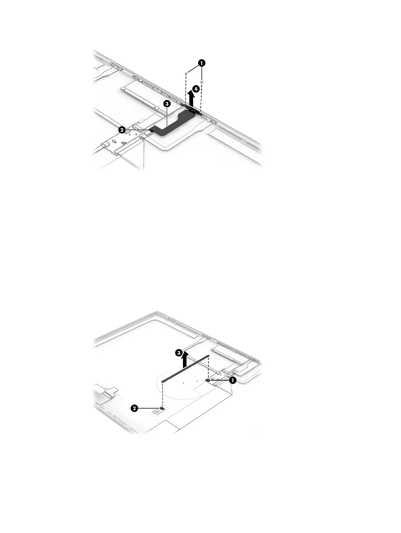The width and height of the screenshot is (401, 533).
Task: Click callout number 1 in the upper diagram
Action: point(202,63)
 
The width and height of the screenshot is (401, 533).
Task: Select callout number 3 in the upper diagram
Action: point(166,104)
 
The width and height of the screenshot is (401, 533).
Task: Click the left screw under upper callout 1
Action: point(186,73)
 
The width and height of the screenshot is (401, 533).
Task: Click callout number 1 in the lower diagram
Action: point(232,380)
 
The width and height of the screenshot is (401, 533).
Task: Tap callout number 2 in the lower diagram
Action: point(134,408)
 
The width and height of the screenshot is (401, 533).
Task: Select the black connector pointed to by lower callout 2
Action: point(162,408)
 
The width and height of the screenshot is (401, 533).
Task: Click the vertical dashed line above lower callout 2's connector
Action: point(162,394)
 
